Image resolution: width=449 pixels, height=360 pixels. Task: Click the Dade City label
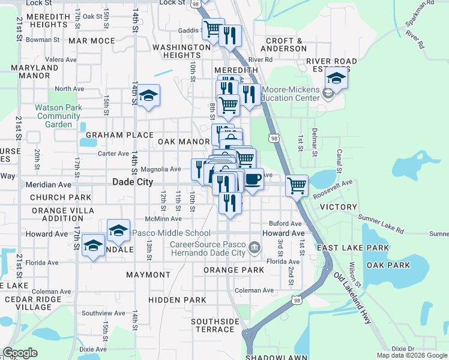pos(133,182)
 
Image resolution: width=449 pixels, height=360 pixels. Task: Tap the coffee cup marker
pos(253,179)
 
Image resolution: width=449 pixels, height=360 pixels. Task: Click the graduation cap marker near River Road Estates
pos(336,79)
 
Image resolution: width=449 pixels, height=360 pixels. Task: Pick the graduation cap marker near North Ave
pos(148,97)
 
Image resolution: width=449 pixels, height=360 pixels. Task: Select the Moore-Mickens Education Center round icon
pos(328,94)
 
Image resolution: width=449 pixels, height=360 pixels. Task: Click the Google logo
pos(20,353)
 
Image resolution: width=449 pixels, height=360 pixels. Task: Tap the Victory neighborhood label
pos(339,206)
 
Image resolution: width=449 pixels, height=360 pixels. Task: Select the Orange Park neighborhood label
pos(234,271)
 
